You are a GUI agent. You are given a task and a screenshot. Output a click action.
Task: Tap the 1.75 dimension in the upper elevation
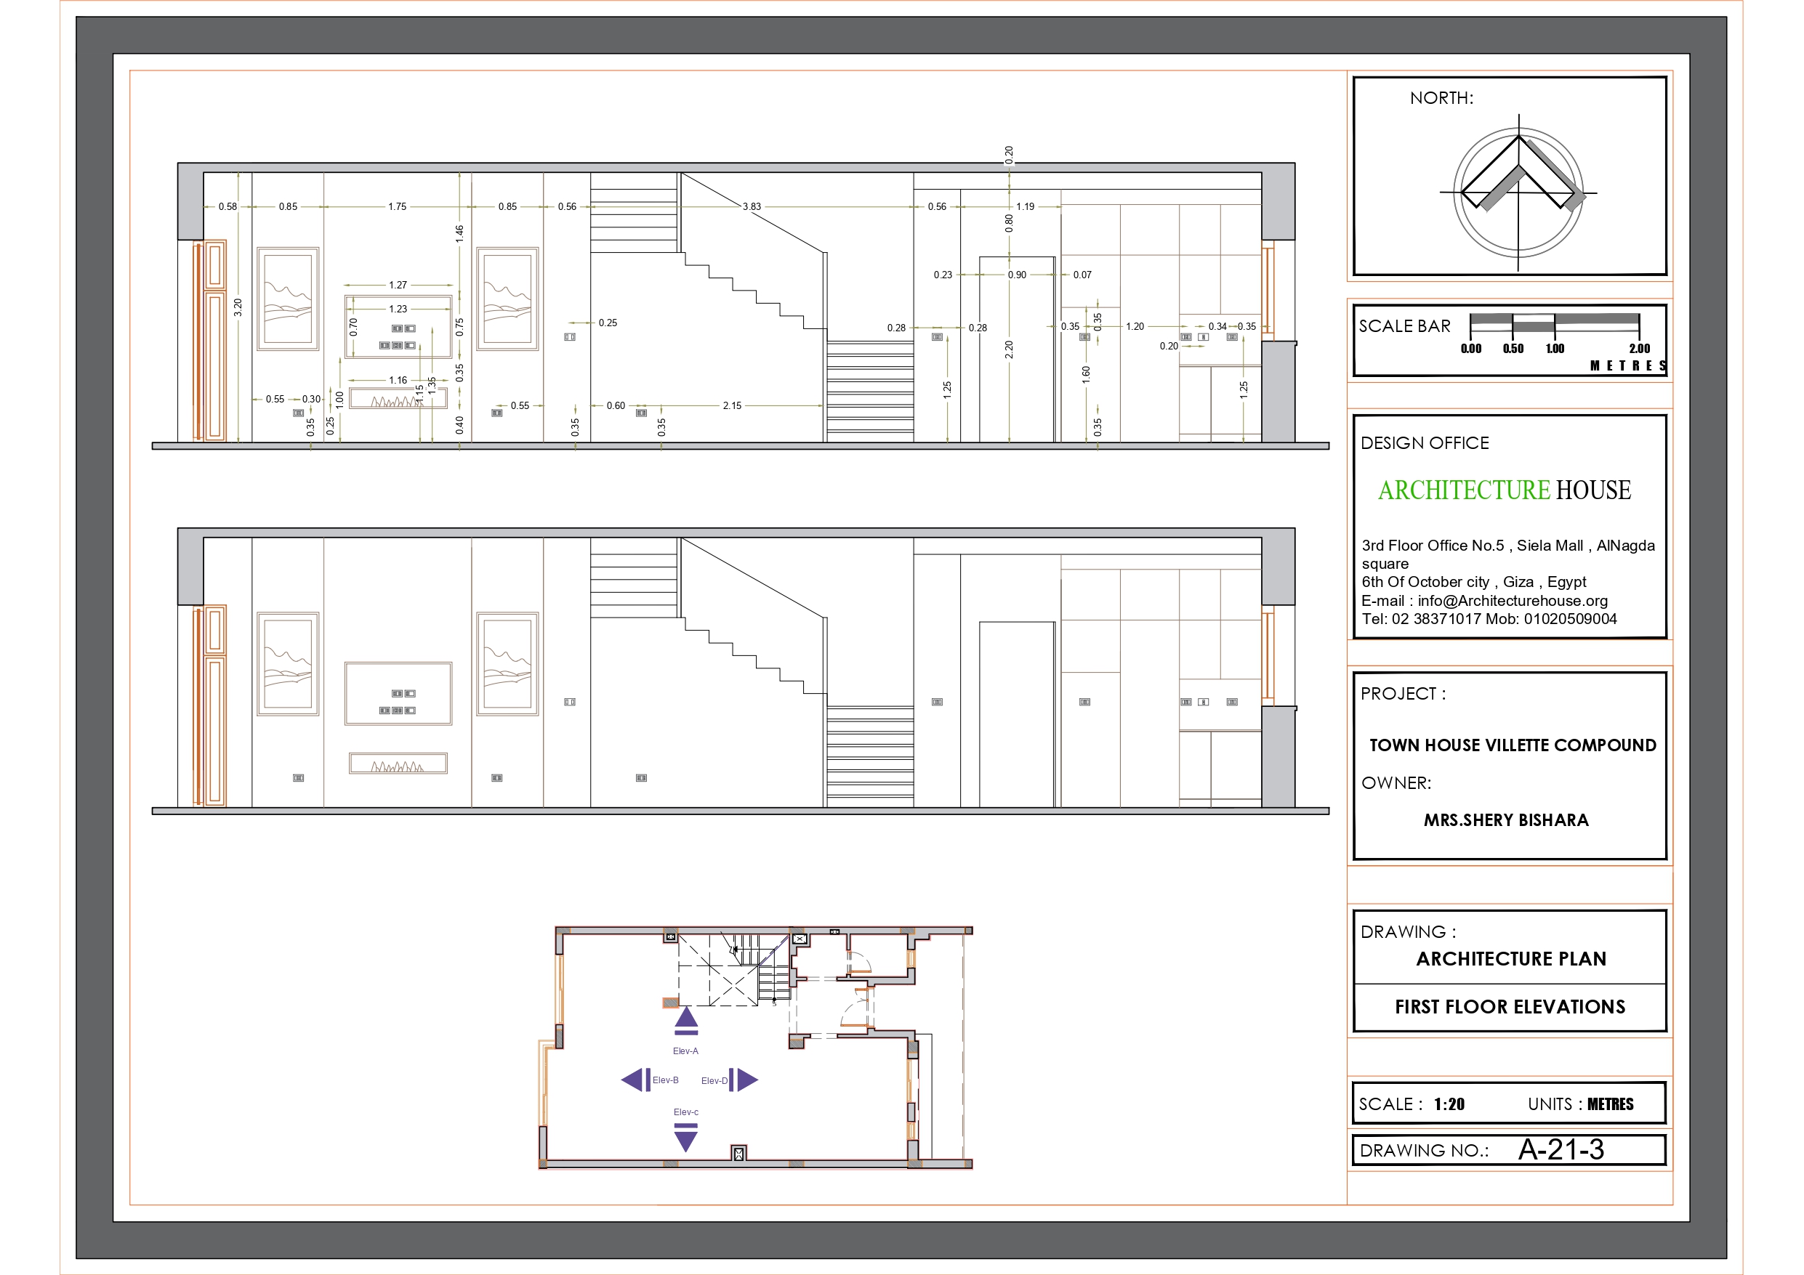(x=397, y=206)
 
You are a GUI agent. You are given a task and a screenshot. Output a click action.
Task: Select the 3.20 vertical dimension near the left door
(x=237, y=307)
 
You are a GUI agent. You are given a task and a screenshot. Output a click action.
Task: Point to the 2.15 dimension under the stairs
(x=731, y=405)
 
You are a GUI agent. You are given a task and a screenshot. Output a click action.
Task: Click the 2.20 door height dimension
(x=1009, y=349)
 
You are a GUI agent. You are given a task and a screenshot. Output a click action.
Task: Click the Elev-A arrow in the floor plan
(x=686, y=1020)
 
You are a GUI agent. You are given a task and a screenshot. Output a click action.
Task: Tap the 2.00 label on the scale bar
(x=1639, y=348)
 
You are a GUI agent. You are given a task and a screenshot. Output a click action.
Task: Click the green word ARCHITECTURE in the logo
(x=1463, y=490)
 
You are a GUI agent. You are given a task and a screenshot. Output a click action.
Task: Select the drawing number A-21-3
(x=1561, y=1150)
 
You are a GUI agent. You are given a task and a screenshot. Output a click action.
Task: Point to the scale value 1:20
(x=1449, y=1104)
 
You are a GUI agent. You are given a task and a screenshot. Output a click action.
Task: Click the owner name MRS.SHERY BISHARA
(x=1505, y=820)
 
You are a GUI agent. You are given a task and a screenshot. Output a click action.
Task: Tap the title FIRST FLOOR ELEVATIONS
(x=1510, y=1007)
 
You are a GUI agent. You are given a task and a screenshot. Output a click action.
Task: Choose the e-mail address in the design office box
(x=1513, y=601)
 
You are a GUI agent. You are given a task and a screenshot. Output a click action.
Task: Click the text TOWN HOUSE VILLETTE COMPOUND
(x=1513, y=745)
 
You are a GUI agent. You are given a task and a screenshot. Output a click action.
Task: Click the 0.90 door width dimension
(x=1017, y=275)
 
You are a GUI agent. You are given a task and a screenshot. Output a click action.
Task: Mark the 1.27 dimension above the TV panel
(x=398, y=286)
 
